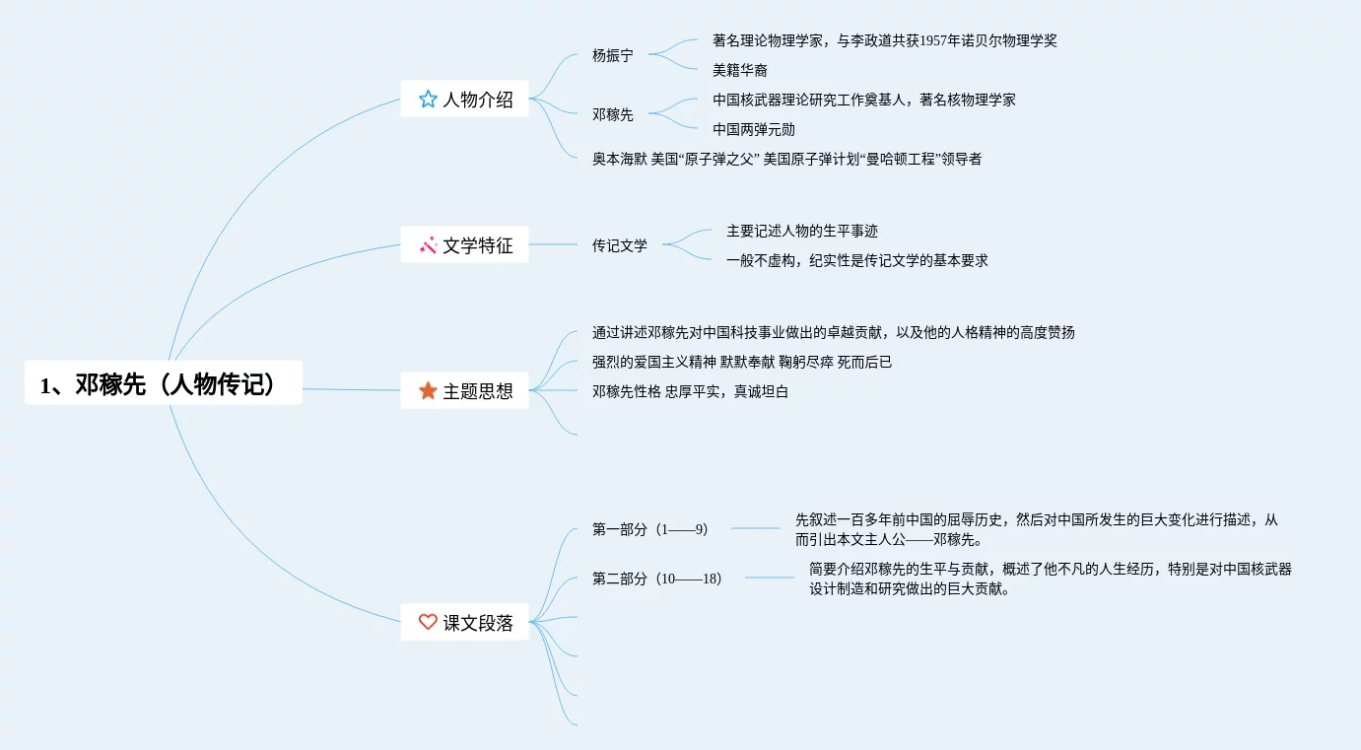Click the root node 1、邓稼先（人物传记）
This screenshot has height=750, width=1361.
(163, 383)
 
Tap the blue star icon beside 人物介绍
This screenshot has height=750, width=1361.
(428, 99)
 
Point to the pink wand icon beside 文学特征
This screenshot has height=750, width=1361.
(428, 244)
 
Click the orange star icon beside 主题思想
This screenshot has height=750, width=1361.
(428, 390)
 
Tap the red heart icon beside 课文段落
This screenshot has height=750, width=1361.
(428, 622)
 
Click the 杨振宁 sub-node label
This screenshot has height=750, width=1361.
(612, 55)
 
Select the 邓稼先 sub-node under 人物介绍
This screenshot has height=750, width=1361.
(612, 114)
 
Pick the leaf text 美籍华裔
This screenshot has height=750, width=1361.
(740, 70)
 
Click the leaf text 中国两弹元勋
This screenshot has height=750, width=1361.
(754, 129)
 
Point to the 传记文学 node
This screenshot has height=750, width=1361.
(619, 245)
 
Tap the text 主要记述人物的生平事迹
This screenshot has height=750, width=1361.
(801, 231)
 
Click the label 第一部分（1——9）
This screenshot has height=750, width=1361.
(649, 529)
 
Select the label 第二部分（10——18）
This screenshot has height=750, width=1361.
(656, 579)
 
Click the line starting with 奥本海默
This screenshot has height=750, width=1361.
(786, 159)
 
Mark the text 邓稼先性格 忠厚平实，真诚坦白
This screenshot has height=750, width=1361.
(690, 391)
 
